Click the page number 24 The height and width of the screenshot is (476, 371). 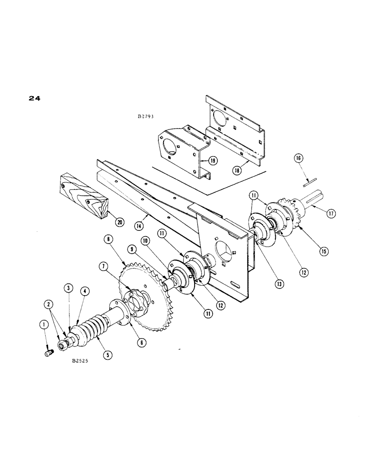(x=34, y=99)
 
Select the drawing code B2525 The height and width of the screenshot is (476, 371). (x=82, y=362)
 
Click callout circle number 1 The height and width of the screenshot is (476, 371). (x=44, y=325)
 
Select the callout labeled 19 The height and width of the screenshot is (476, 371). (x=212, y=161)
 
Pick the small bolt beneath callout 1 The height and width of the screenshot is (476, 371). (x=47, y=353)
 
